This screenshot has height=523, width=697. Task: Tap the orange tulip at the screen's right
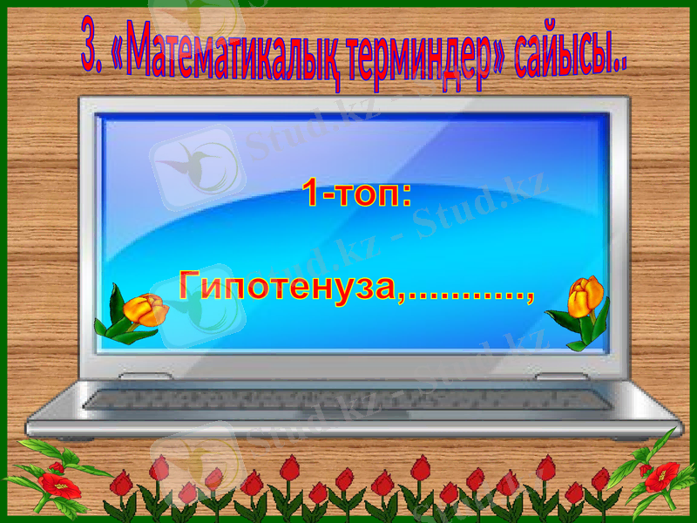tap(585, 296)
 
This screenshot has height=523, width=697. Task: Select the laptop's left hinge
tap(139, 377)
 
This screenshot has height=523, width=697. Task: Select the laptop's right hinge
tap(558, 377)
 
